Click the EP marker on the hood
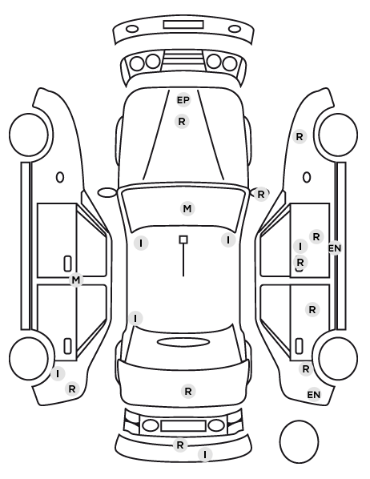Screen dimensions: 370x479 [x=183, y=100]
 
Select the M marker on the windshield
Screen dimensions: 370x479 [x=187, y=209]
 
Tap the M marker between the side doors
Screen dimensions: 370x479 [x=76, y=280]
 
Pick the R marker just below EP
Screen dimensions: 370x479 [x=182, y=122]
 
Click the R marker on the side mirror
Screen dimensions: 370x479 [x=261, y=195]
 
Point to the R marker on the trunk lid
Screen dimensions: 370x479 [x=188, y=392]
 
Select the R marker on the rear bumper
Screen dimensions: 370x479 [x=180, y=445]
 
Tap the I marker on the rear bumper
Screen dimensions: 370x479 [x=205, y=454]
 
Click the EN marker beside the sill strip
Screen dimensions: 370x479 [x=335, y=248]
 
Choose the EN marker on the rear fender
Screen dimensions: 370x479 [x=314, y=395]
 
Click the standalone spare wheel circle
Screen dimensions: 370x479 [x=299, y=421]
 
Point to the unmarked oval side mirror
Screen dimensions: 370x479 [x=107, y=193]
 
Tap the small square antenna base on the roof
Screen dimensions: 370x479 [x=183, y=239]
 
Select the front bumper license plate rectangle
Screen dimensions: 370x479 [x=183, y=25]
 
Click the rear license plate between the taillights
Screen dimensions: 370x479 [x=183, y=426]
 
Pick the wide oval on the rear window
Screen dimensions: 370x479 [x=183, y=342]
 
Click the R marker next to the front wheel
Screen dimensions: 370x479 [x=300, y=136]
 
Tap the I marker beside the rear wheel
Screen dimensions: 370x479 [x=58, y=373]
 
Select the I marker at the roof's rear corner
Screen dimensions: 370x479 [x=135, y=319]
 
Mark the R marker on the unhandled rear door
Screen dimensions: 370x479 [x=312, y=310]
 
